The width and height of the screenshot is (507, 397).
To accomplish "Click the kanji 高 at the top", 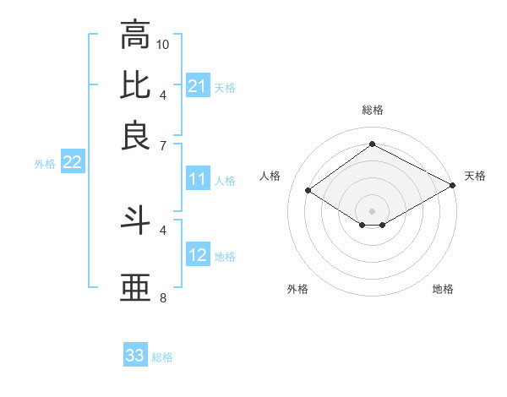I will click(135, 35).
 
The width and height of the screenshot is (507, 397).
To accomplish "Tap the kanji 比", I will click(135, 84).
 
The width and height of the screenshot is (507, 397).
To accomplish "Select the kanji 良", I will click(135, 135).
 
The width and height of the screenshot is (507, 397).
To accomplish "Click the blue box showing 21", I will click(198, 86).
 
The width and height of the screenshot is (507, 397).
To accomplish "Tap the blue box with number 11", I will click(198, 179).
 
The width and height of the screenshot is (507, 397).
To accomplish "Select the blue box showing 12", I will click(198, 255).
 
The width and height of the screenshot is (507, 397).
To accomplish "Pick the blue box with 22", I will click(72, 163).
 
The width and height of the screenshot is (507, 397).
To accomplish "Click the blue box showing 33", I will click(135, 356).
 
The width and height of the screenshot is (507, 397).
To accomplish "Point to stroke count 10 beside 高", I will click(163, 44).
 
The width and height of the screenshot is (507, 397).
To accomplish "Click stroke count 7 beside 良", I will click(163, 145).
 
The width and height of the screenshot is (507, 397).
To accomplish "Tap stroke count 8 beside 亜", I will click(163, 297).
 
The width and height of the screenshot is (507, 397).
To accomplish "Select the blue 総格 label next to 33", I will click(162, 357).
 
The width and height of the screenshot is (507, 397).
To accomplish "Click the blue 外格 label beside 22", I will click(45, 164).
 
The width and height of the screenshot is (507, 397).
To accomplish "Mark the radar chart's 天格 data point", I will click(452, 187).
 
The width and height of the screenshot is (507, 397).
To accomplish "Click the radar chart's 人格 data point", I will click(308, 191).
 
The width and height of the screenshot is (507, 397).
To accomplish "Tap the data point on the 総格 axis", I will click(372, 144).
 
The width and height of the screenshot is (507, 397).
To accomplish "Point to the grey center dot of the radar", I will click(372, 210).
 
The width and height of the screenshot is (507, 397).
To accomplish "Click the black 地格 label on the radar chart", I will click(443, 289).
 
